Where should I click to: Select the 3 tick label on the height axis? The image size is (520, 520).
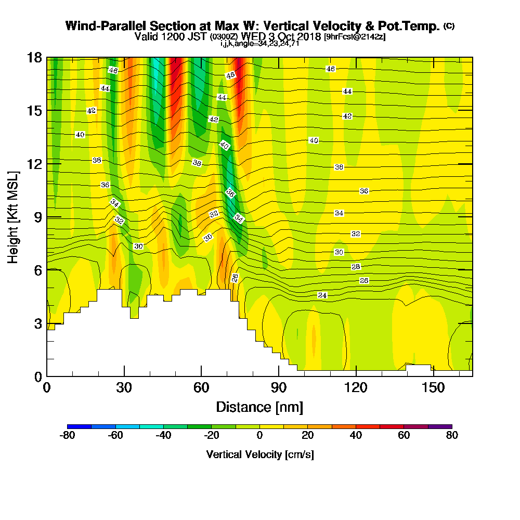point(37,323)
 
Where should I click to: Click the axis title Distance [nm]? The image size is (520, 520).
point(259,407)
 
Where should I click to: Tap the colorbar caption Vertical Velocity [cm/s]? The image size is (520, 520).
point(259,454)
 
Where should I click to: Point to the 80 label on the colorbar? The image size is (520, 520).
point(452,436)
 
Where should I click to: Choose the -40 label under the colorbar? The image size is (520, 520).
point(163,436)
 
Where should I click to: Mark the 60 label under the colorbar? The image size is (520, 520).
point(404,436)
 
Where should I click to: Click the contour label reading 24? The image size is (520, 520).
point(322,295)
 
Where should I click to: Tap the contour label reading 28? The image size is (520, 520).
point(356,267)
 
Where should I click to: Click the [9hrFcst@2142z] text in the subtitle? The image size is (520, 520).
point(355,37)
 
